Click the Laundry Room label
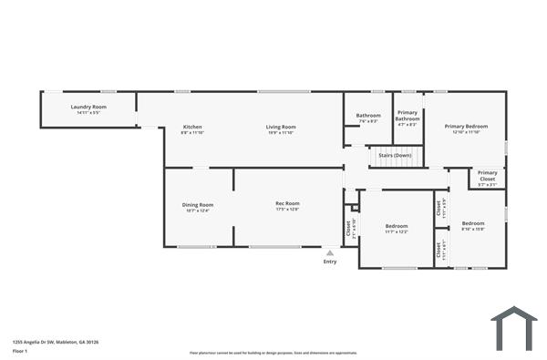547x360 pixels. (x=88, y=107)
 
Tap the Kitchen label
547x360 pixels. (x=191, y=126)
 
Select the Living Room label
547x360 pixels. (x=281, y=126)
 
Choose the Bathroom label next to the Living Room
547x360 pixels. (x=368, y=115)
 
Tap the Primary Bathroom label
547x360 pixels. (x=408, y=115)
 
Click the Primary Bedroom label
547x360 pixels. (x=466, y=126)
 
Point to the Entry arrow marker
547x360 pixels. (x=330, y=252)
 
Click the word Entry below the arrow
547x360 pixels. (x=330, y=262)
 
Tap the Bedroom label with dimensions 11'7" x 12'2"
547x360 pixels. (x=397, y=225)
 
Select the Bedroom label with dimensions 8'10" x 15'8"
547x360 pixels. (x=472, y=223)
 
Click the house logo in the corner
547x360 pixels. (x=513, y=327)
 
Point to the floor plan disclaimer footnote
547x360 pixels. (x=273, y=353)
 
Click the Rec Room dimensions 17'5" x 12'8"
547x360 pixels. (x=287, y=210)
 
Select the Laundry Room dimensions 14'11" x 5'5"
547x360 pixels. (x=88, y=113)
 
